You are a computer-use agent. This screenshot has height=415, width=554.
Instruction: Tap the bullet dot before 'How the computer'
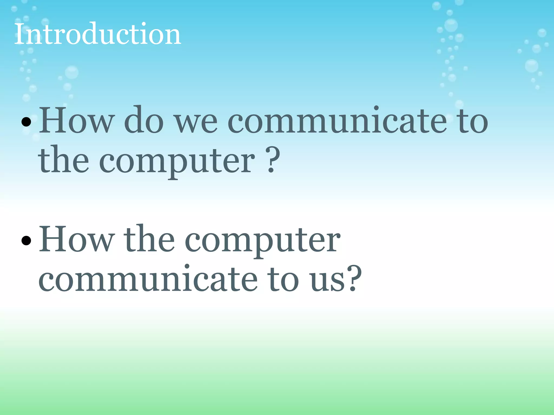26,240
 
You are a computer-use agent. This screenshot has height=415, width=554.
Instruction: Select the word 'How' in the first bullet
76,120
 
